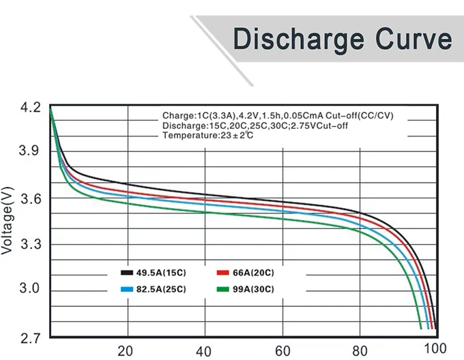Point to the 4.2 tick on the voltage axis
point(31,108)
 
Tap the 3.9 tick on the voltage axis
point(31,151)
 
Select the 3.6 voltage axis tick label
point(31,198)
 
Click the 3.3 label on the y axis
point(31,244)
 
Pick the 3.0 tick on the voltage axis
point(31,288)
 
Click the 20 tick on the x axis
point(126,351)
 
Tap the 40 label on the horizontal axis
point(203,351)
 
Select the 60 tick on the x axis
point(283,351)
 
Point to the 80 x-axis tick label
point(360,351)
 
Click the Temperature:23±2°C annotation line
point(208,136)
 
